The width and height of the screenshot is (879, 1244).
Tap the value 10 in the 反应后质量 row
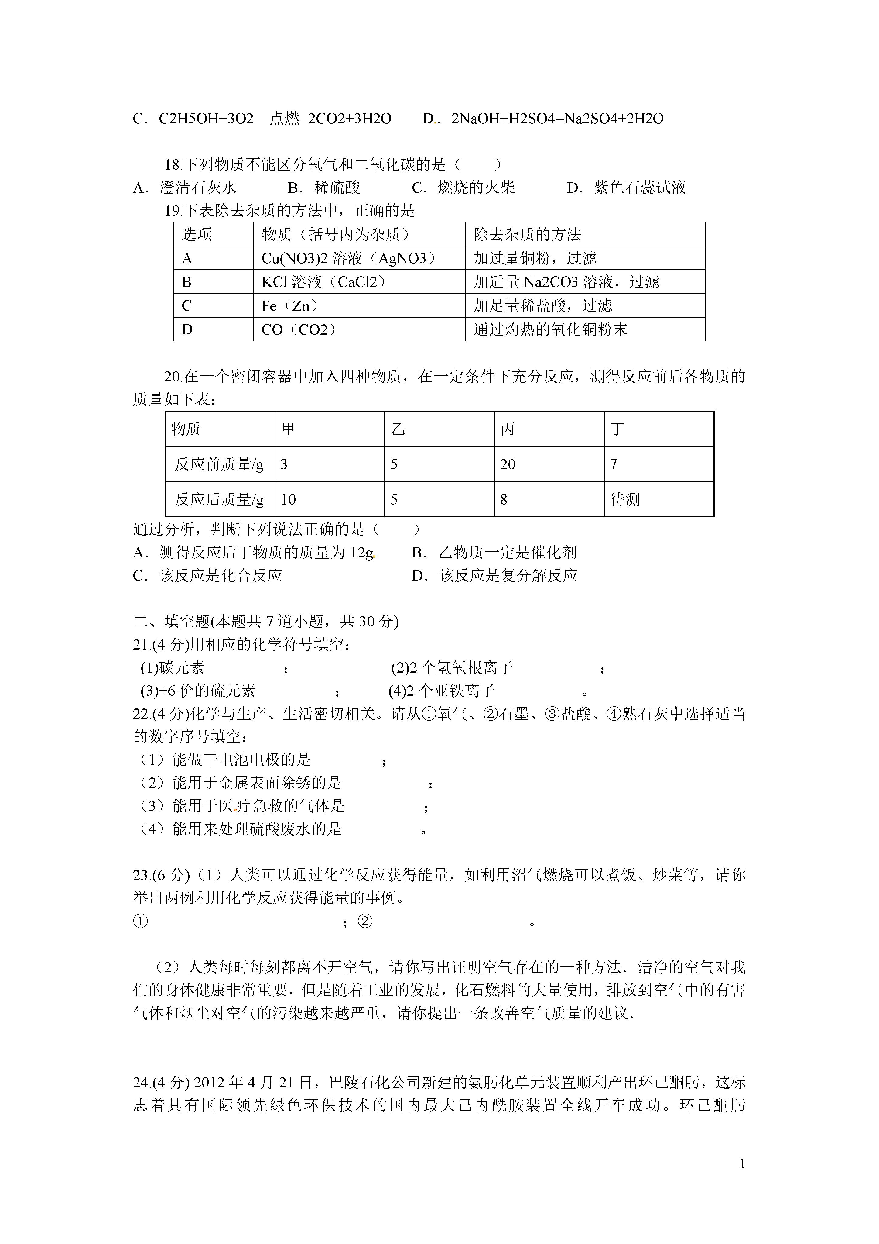[288, 499]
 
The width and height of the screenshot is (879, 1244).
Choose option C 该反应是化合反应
[208, 575]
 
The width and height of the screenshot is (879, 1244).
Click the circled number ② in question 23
[365, 921]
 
